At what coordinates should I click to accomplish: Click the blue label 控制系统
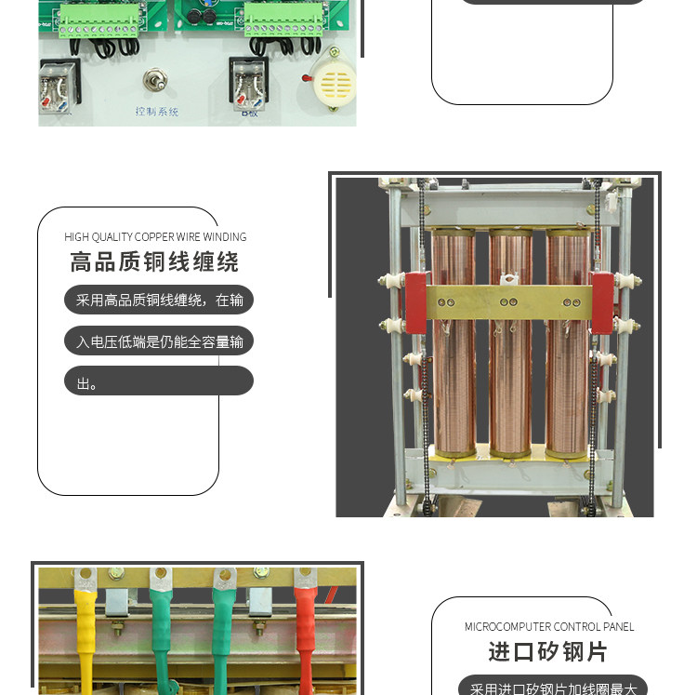(156, 112)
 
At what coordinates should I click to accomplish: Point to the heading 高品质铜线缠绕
(154, 261)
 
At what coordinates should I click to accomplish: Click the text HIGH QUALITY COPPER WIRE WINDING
(155, 237)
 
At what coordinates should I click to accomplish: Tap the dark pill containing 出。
(158, 381)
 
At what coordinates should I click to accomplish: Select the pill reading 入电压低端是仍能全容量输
(158, 341)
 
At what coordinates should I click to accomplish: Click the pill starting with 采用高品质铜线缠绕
(158, 300)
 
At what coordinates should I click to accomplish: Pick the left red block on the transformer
(414, 303)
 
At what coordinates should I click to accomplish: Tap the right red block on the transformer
(602, 303)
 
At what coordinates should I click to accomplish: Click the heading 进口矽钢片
(548, 651)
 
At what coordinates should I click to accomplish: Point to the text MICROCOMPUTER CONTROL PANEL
(549, 627)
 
